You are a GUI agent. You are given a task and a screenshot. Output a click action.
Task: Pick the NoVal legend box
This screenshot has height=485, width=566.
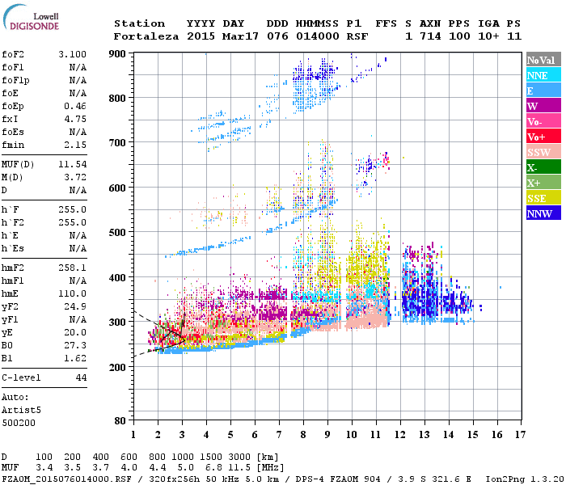click(x=543, y=60)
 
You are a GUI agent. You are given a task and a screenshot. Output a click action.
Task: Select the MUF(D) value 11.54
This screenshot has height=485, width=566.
click(x=72, y=165)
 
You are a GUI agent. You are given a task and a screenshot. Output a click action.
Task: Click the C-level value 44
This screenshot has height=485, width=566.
click(x=81, y=377)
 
